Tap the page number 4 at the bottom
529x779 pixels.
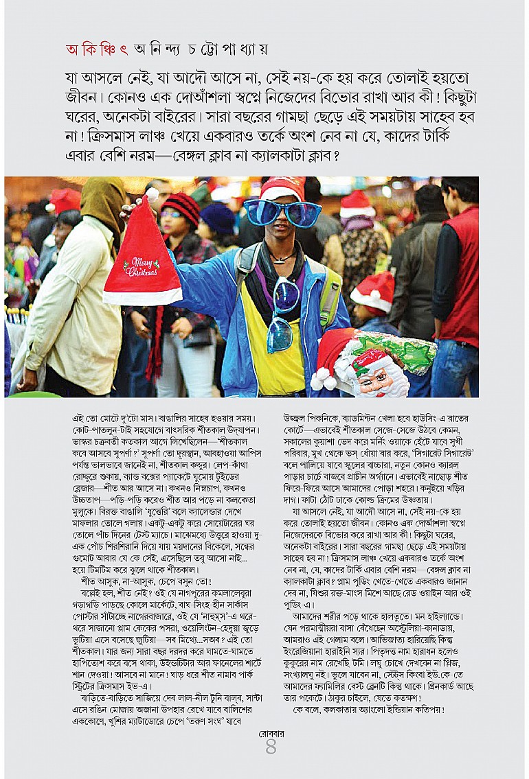270,747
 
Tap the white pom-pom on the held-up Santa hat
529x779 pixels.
153,194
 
